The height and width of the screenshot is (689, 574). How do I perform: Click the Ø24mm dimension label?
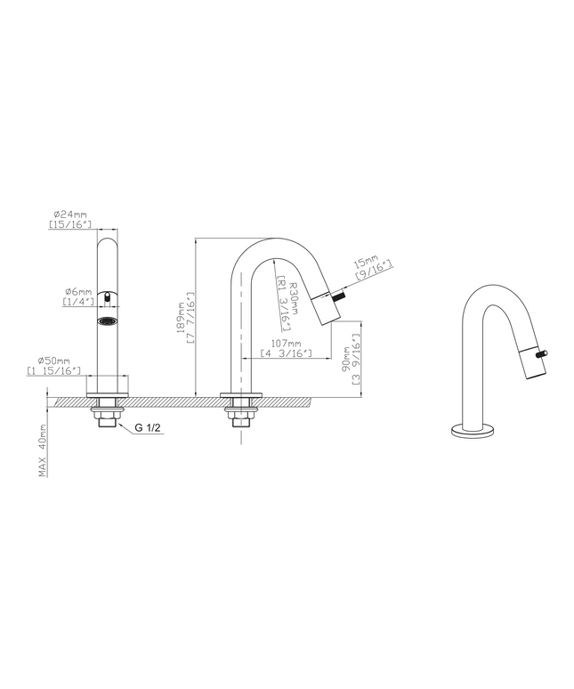[70, 215]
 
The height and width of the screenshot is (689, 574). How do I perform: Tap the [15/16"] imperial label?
[70, 224]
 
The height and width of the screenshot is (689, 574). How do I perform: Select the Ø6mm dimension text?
[78, 291]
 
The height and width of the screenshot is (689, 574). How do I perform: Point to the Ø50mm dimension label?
[54, 361]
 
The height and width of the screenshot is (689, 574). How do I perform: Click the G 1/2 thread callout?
[147, 427]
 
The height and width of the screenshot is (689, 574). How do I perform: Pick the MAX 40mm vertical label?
[43, 450]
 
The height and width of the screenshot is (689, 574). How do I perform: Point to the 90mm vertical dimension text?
[347, 360]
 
